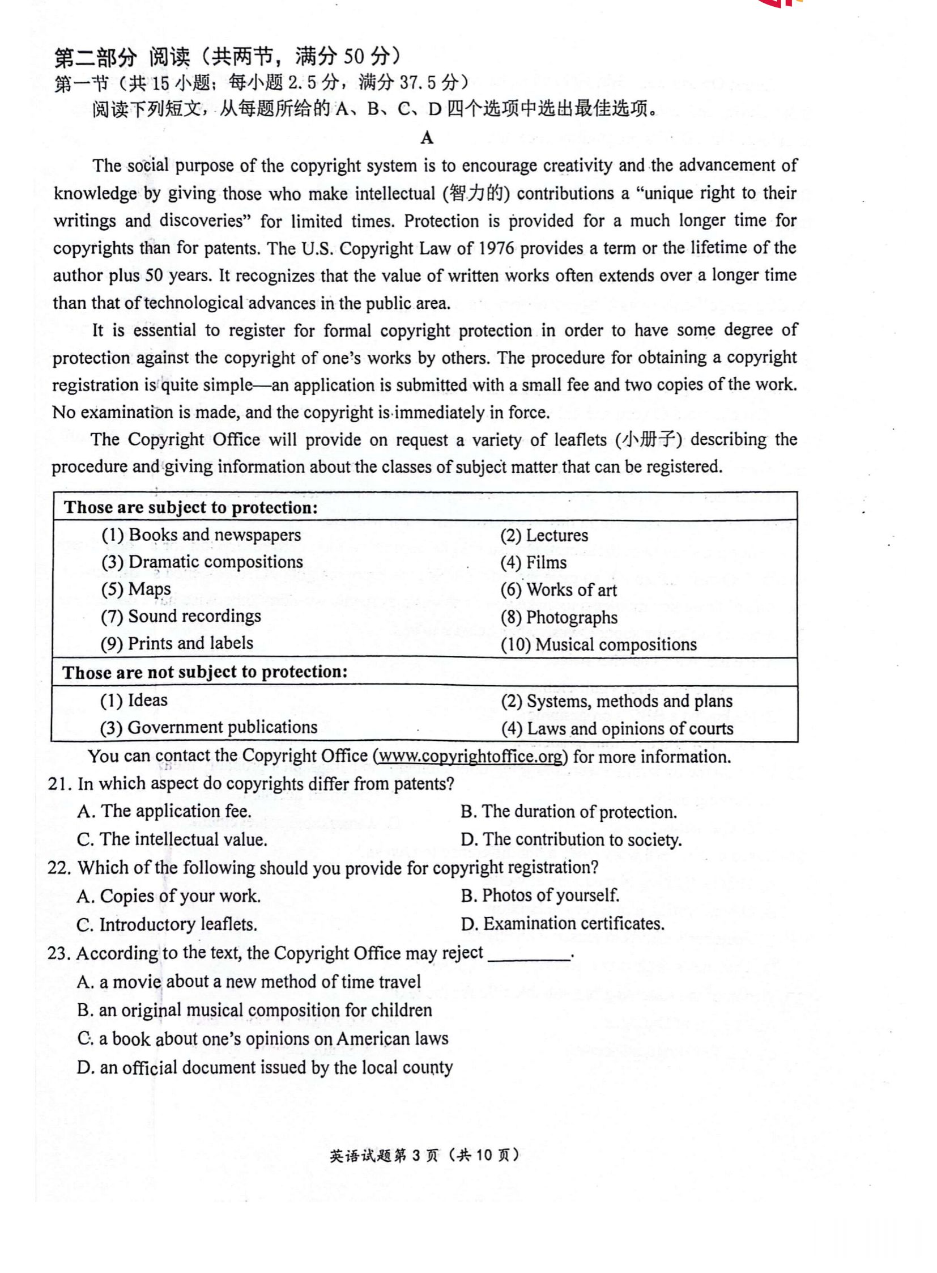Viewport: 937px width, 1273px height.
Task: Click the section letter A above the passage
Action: point(427,138)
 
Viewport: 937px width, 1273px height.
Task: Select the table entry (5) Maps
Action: point(136,589)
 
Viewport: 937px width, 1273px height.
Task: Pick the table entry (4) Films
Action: point(533,562)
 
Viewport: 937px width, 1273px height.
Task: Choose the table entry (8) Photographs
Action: point(559,617)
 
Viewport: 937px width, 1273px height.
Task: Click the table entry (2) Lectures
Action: point(544,535)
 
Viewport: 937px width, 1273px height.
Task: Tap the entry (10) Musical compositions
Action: point(598,645)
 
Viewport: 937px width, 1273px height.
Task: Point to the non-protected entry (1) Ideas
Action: point(134,701)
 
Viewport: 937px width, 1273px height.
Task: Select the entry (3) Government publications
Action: point(208,728)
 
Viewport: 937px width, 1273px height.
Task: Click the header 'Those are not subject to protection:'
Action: point(205,673)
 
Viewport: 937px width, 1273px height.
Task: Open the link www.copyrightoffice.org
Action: point(470,757)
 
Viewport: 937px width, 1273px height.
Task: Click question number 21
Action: point(59,784)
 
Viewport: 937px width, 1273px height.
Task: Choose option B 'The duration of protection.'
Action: point(569,812)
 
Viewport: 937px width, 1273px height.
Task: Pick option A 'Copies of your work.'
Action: point(169,896)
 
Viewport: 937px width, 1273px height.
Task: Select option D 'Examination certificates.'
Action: point(563,924)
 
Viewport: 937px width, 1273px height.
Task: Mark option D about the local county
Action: point(265,1068)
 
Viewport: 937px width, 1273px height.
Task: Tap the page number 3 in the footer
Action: point(416,1156)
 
